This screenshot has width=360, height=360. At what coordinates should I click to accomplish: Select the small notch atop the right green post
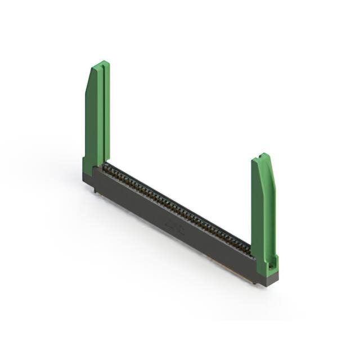coord(263,155)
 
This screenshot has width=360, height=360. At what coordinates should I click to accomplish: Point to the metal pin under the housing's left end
coord(94,191)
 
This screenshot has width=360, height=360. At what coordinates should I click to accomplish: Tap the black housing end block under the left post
coord(90,179)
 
